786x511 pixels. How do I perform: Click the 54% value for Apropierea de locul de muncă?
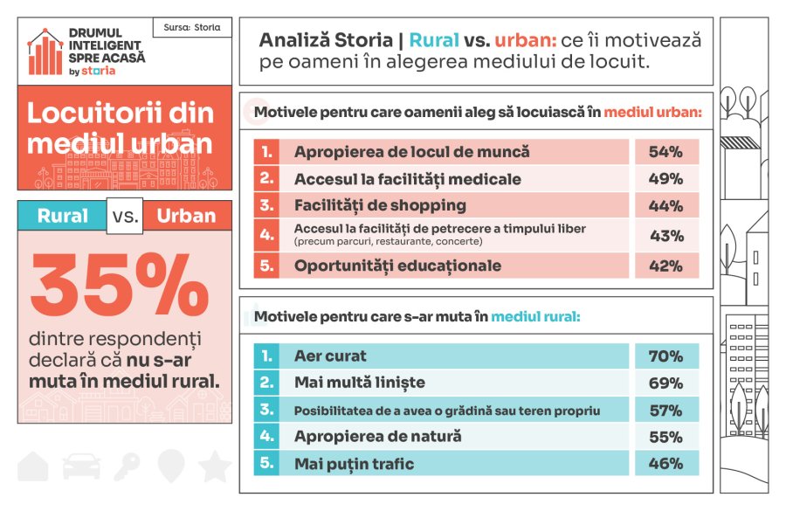665,152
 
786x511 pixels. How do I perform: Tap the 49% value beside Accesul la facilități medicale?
665,179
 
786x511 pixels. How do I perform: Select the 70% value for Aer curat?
665,356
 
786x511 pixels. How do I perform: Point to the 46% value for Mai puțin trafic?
665,464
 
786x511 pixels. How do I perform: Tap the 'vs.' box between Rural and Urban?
124,216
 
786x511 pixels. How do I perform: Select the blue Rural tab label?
62,216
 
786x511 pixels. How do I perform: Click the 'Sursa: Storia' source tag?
191,27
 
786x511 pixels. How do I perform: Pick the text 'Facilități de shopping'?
380,206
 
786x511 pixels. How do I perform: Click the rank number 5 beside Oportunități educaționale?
266,265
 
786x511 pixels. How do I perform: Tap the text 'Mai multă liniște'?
360,383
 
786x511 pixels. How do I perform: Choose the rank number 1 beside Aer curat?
266,356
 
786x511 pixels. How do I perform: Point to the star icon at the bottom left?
214,466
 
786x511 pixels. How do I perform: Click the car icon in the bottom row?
80,466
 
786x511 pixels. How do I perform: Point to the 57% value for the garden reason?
665,410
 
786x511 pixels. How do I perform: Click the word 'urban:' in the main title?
525,41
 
